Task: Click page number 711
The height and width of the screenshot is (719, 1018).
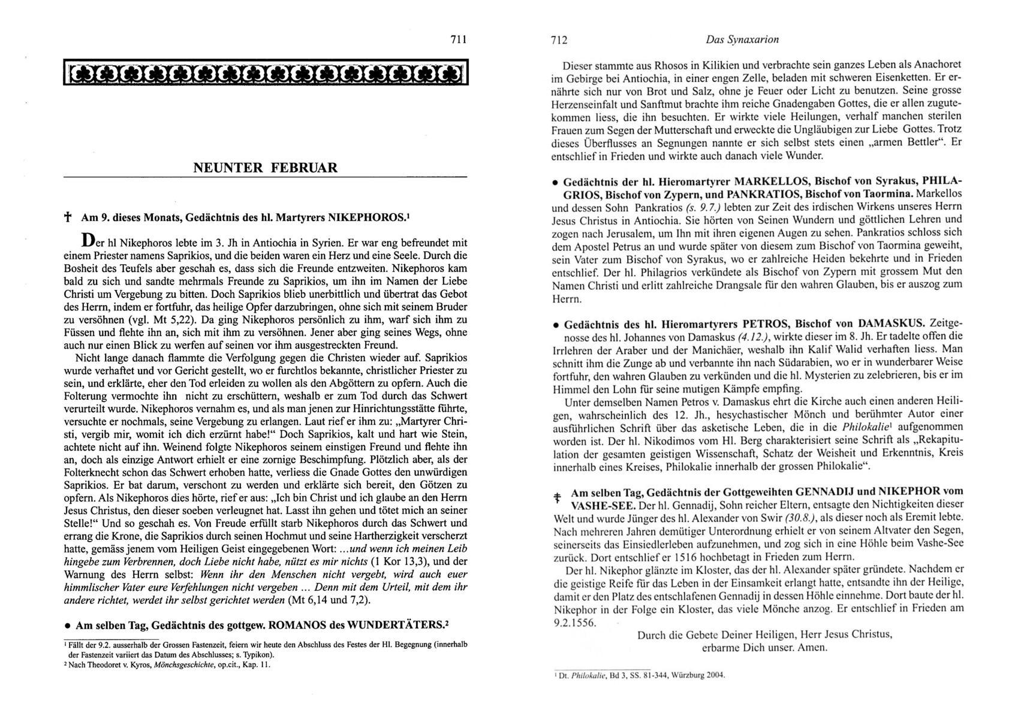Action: pos(457,40)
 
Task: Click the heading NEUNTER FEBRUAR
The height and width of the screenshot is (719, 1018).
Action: pos(265,168)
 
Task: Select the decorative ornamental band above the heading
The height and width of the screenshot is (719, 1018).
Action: pos(265,74)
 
